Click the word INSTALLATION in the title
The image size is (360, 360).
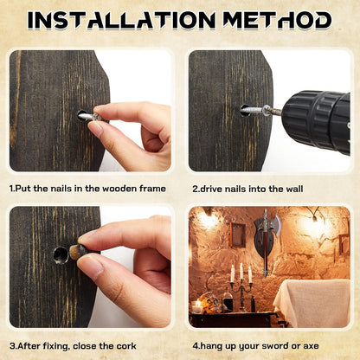pyautogui.click(x=121, y=20)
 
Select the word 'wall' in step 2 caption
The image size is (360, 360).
pyautogui.click(x=294, y=189)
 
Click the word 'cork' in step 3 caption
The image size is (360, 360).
pyautogui.click(x=126, y=346)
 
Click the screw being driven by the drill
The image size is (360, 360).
pyautogui.click(x=258, y=110)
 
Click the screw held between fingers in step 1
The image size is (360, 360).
pyautogui.click(x=91, y=117)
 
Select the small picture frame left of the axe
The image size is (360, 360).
pyautogui.click(x=238, y=235)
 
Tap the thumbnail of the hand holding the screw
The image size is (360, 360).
pyautogui.click(x=95, y=129)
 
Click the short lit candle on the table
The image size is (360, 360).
pyautogui.click(x=197, y=307)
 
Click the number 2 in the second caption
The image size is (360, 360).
pyautogui.click(x=195, y=189)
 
